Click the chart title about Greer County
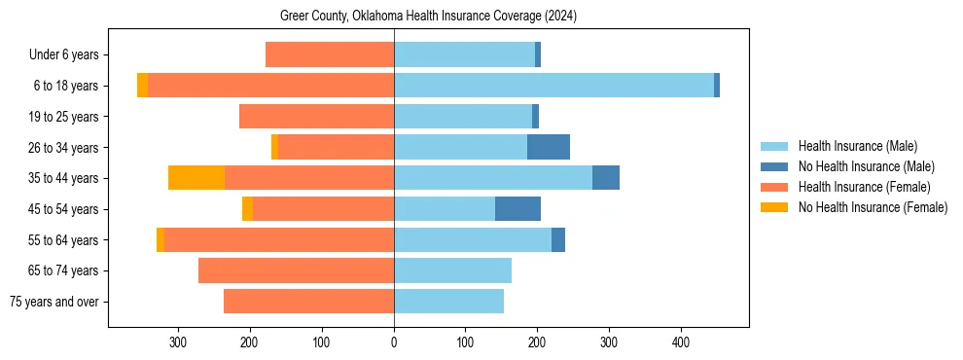click(x=429, y=17)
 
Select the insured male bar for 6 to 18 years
click(x=553, y=86)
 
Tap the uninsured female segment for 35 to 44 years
click(x=196, y=178)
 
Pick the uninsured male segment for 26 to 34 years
click(x=549, y=147)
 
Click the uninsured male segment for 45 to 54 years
click(x=517, y=209)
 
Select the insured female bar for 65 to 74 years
click(x=296, y=270)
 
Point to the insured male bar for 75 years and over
click(x=448, y=302)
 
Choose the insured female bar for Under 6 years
click(x=330, y=54)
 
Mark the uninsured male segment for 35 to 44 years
click(x=606, y=178)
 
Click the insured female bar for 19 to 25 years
click(x=316, y=117)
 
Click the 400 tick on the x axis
click(x=681, y=342)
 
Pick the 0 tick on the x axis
click(x=394, y=342)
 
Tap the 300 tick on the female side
click(x=178, y=342)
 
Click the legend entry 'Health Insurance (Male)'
click(x=857, y=146)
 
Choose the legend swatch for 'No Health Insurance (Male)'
click(x=774, y=166)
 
